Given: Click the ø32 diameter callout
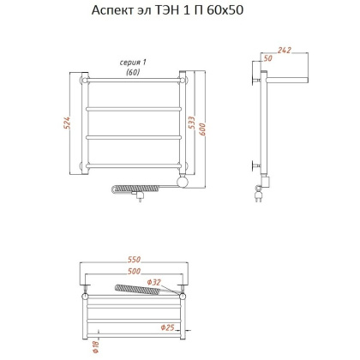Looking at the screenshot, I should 155,283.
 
